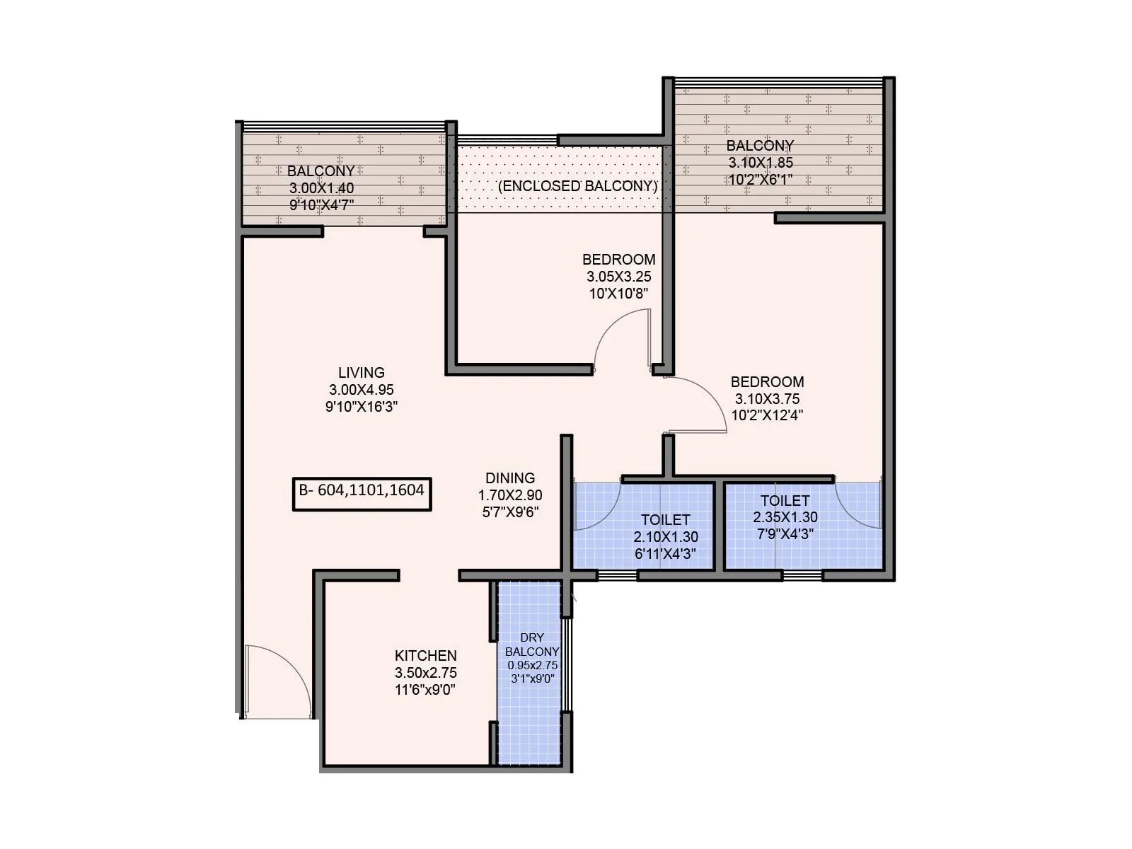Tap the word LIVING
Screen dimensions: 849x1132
pos(361,373)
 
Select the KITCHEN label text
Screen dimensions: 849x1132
pos(425,656)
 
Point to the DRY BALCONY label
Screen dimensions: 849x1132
pos(532,645)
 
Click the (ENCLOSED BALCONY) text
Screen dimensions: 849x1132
pos(578,186)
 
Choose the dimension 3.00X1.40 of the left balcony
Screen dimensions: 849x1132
pos(321,188)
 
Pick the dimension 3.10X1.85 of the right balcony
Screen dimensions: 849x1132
pos(761,163)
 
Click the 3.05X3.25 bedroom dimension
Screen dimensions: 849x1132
pos(618,277)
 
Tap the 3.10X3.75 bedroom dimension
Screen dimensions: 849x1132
pos(767,399)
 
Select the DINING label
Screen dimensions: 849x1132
pos(510,478)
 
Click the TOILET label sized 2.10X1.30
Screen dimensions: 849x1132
pos(665,520)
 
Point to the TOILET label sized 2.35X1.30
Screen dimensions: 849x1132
pos(785,501)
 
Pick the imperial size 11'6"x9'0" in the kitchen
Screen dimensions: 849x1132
pos(424,690)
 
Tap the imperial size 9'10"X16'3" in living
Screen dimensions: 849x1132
pos(361,407)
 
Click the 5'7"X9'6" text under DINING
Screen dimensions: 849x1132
pos(510,512)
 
